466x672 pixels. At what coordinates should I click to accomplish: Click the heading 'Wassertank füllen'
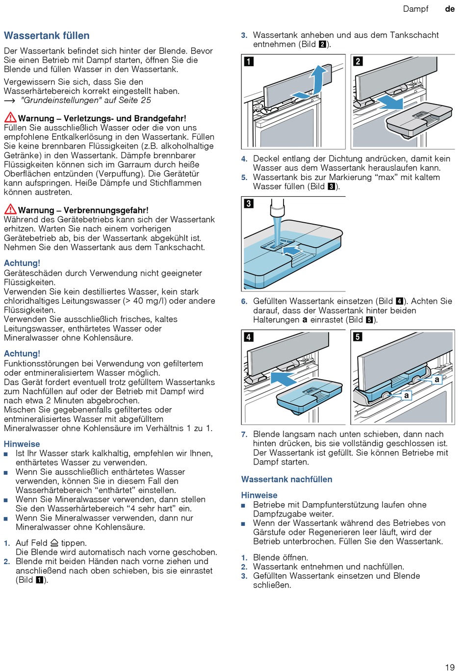(47, 36)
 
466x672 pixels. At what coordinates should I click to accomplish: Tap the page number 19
(450, 667)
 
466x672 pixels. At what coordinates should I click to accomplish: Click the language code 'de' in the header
(450, 9)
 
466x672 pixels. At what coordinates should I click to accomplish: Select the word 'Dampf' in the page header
(415, 9)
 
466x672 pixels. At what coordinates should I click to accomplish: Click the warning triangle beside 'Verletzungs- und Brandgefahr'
(10, 118)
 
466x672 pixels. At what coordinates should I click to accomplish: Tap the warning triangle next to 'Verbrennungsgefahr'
(10, 209)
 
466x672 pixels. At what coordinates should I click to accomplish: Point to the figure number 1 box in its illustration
(249, 61)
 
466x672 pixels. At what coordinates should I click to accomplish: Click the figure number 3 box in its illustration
(249, 203)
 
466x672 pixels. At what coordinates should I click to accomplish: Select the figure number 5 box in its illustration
(358, 336)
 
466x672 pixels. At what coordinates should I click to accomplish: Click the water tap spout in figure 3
(278, 208)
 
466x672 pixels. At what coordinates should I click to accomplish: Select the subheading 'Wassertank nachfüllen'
(286, 479)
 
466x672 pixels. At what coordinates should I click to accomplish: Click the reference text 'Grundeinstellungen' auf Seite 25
(85, 100)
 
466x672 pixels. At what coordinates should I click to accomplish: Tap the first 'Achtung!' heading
(22, 263)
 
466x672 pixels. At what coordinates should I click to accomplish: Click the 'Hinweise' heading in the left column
(22, 444)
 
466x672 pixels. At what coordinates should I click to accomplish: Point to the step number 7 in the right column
(244, 434)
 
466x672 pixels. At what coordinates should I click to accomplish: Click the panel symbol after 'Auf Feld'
(54, 543)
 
